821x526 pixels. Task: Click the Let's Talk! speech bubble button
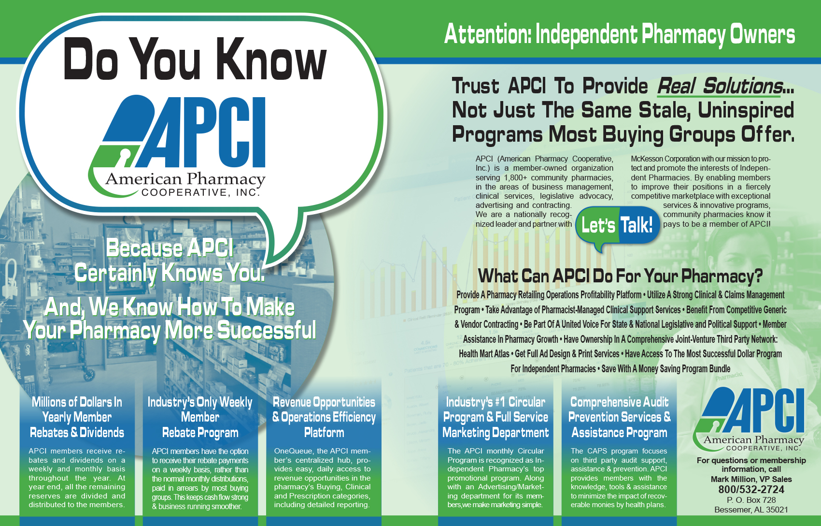[x=618, y=225]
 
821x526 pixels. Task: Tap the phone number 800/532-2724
[x=751, y=489]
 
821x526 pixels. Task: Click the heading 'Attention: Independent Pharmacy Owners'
[x=620, y=34]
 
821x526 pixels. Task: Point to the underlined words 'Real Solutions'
[x=720, y=87]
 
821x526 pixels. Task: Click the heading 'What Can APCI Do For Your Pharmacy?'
[x=620, y=276]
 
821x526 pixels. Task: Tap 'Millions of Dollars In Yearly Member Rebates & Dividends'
[x=77, y=417]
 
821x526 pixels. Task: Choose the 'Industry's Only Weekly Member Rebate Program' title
[x=200, y=417]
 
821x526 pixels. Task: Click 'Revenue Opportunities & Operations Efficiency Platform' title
[x=324, y=417]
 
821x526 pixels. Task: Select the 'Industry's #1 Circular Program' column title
[x=495, y=417]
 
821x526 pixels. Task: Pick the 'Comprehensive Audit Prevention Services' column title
[x=620, y=417]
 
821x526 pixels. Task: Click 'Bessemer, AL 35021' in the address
[x=751, y=510]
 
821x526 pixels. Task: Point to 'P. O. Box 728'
[x=751, y=500]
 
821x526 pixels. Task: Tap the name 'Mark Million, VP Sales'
[x=751, y=479]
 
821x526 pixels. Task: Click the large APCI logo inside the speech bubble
[x=177, y=146]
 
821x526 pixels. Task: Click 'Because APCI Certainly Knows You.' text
[x=170, y=261]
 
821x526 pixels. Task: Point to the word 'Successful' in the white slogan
[x=267, y=330]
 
